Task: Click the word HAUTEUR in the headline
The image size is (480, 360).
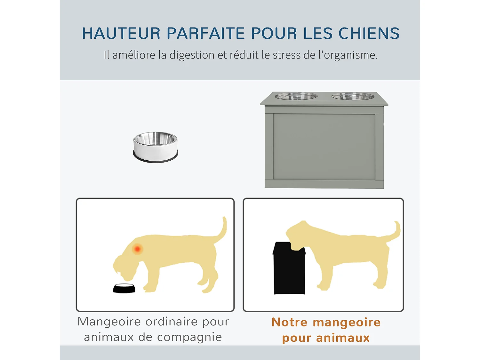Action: (x=121, y=33)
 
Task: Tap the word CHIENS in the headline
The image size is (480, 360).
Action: (x=369, y=33)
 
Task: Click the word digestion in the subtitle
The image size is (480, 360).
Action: (x=192, y=55)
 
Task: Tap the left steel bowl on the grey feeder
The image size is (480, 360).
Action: (x=296, y=96)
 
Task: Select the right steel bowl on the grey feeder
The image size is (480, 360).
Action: (x=353, y=96)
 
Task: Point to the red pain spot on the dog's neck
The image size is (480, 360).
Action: (x=138, y=249)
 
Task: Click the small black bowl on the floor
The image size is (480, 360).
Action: (x=124, y=288)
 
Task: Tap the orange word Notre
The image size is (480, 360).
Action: (x=289, y=322)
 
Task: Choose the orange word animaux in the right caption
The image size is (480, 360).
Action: (x=343, y=338)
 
